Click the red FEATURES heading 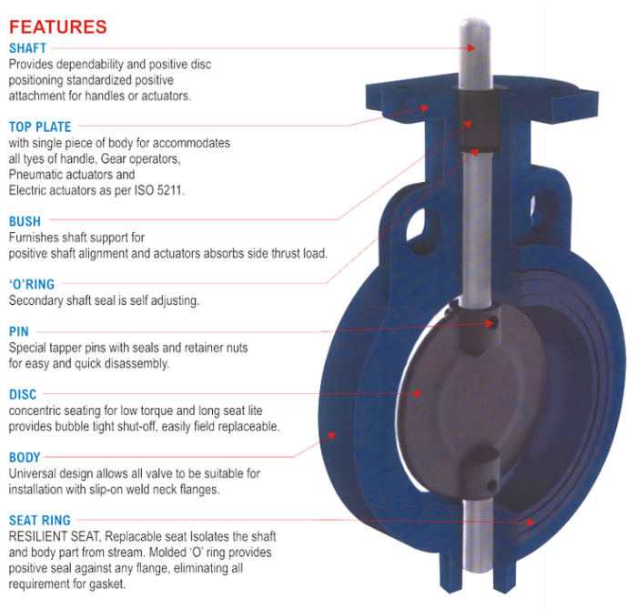point(58,27)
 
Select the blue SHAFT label point(27,48)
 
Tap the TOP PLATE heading point(40,127)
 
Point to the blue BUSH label point(25,221)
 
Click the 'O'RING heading point(32,284)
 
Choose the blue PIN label point(19,331)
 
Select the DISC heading point(23,394)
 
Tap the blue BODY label point(25,458)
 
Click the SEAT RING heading point(40,521)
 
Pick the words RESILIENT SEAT point(54,537)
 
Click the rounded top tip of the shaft point(475,20)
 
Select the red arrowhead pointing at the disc point(418,393)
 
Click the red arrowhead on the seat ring point(531,522)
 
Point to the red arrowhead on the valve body point(333,435)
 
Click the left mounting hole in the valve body point(423,228)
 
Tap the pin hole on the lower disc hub point(492,484)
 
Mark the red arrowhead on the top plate point(425,107)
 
